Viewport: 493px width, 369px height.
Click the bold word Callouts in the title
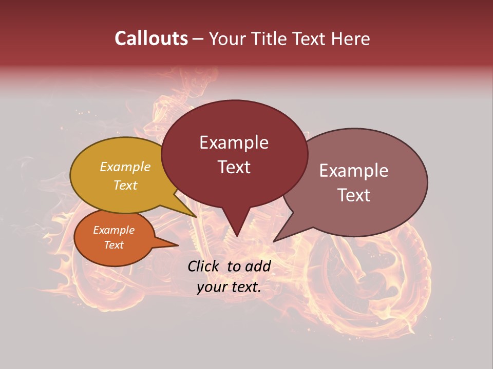151,38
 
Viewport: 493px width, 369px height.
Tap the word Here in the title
352,39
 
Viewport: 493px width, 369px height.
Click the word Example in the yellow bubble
125,167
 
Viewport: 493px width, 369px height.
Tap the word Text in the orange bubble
113,245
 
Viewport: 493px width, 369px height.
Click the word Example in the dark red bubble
234,142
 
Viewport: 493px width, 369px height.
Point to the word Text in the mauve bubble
354,195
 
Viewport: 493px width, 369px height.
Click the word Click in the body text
203,266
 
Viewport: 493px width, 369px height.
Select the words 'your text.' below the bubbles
229,288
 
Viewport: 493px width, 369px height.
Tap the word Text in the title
312,39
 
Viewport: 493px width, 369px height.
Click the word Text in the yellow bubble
125,186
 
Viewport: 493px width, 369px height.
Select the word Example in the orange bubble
113,231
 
